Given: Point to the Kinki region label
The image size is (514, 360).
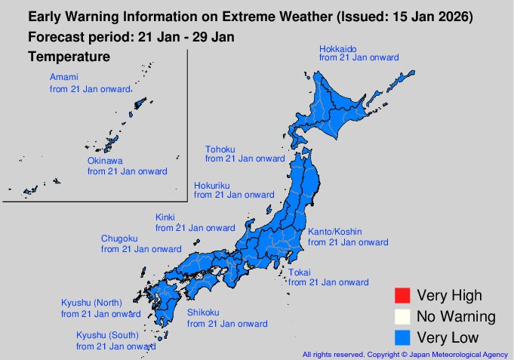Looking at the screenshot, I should pyautogui.click(x=165, y=217).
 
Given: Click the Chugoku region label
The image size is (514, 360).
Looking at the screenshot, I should pyautogui.click(x=119, y=238).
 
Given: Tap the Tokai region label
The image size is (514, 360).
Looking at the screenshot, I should pyautogui.click(x=300, y=272).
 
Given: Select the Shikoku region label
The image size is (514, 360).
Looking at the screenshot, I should pyautogui.click(x=203, y=313).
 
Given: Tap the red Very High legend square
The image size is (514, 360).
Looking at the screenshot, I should pyautogui.click(x=402, y=295).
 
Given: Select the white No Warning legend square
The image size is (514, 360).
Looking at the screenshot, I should pyautogui.click(x=402, y=316).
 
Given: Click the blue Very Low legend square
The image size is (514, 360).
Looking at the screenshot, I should pyautogui.click(x=402, y=337).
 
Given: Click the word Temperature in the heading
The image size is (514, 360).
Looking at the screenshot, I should pyautogui.click(x=69, y=57).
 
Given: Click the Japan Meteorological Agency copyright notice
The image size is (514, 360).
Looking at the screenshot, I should pyautogui.click(x=405, y=353).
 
